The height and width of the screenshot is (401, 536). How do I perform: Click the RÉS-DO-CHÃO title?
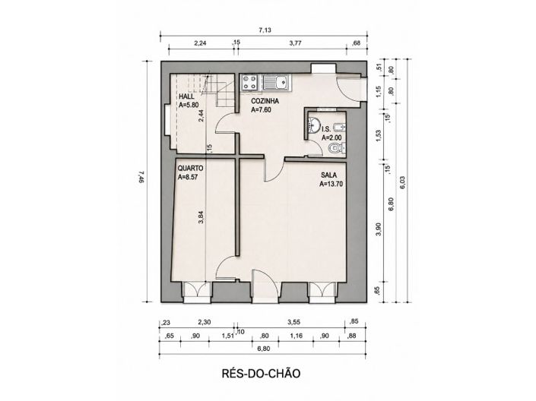(262, 374)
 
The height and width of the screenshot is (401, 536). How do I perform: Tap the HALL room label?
(186, 96)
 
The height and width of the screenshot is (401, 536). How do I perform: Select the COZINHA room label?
(265, 101)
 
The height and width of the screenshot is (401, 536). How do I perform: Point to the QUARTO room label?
(190, 169)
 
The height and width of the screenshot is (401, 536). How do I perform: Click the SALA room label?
(328, 175)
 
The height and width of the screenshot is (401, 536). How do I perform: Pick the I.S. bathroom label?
(326, 129)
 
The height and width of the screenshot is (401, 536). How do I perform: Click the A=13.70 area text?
(331, 184)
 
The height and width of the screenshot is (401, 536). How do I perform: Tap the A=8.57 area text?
(188, 177)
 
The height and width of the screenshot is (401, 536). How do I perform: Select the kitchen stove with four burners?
(249, 82)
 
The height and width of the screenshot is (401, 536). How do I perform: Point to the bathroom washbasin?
(313, 125)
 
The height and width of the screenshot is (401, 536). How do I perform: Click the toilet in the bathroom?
(336, 148)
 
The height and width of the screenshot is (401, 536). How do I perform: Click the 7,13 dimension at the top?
(265, 30)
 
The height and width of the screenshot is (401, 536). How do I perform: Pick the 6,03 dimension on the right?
(402, 183)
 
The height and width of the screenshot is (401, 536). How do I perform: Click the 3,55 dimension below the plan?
(293, 322)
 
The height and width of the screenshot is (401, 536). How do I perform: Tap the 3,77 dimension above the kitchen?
(295, 43)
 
